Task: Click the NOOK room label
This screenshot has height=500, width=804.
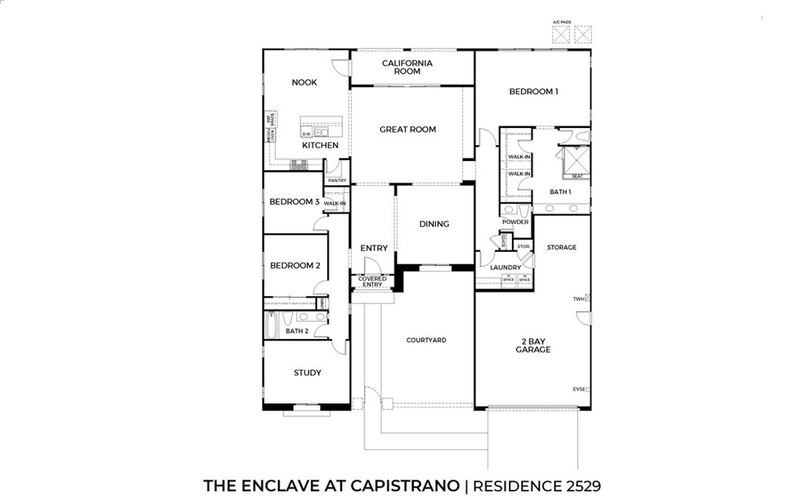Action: [x=304, y=82]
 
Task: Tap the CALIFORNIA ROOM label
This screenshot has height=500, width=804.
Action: [x=407, y=68]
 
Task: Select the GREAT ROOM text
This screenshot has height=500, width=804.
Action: [x=407, y=130]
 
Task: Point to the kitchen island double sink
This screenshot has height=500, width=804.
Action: [x=323, y=133]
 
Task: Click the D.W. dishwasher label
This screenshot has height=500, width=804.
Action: [x=306, y=134]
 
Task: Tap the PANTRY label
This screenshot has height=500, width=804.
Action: [x=337, y=181]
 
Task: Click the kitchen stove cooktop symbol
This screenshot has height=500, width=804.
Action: [x=298, y=164]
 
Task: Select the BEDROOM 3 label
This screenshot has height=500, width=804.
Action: [x=294, y=202]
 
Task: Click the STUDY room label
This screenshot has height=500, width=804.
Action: [x=307, y=373]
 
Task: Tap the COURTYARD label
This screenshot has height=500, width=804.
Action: [x=426, y=340]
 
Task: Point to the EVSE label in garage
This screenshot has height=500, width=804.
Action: [x=579, y=389]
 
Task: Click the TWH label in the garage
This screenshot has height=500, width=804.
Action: [x=579, y=299]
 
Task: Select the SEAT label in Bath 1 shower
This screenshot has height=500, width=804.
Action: [x=577, y=176]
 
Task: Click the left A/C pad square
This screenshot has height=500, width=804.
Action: [x=561, y=35]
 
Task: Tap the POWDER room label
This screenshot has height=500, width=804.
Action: [x=515, y=222]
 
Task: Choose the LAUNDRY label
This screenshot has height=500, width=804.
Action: [x=506, y=268]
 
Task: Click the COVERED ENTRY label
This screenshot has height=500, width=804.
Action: [x=372, y=282]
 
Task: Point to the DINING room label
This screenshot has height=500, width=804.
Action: [x=434, y=224]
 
